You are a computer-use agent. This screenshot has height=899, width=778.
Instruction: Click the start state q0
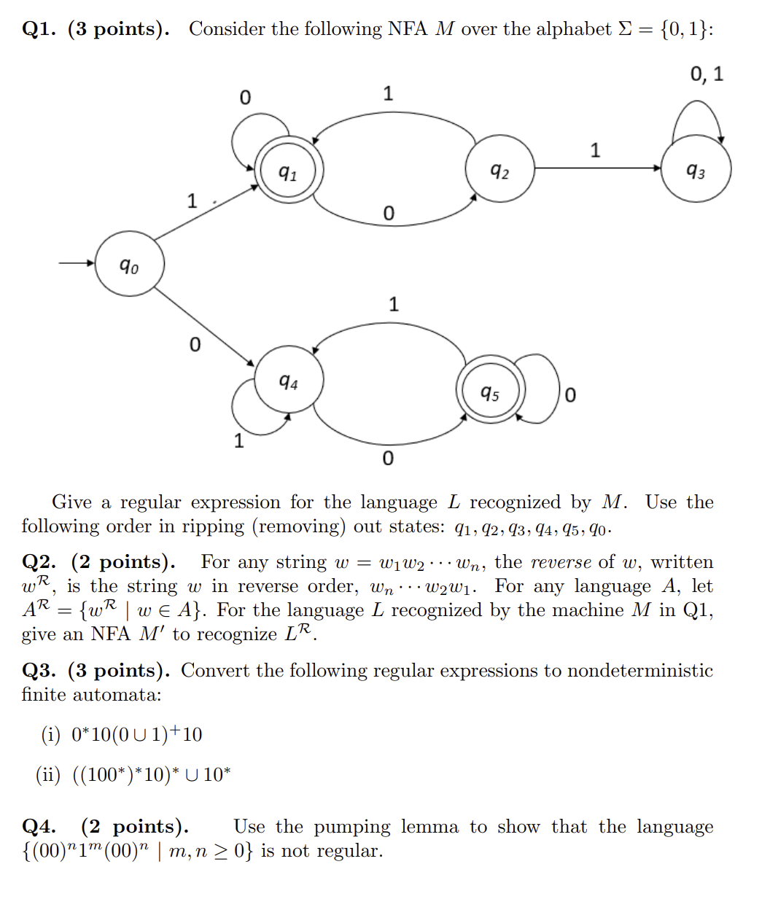[130, 264]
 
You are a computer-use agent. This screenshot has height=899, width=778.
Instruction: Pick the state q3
[696, 169]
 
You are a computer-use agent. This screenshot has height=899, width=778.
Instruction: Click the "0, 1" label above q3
[707, 74]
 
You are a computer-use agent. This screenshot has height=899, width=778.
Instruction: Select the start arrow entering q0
[77, 263]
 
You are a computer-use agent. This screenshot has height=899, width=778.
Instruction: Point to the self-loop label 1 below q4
[238, 440]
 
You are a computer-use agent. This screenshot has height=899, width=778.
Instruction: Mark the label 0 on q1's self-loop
[245, 97]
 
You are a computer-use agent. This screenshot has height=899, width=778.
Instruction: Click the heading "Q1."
[39, 29]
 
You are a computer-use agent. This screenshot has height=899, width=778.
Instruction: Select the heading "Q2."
[39, 562]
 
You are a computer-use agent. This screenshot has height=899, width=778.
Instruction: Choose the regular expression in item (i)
[136, 734]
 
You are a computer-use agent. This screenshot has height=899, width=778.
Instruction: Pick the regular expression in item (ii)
[151, 774]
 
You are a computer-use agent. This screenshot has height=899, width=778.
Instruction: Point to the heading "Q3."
[39, 671]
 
